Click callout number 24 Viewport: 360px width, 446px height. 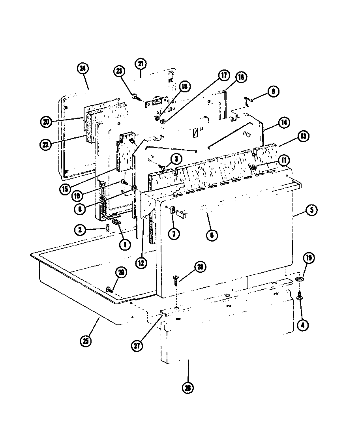[x=82, y=69]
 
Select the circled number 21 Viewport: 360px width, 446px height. [x=141, y=64]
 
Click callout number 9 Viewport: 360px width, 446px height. [x=272, y=92]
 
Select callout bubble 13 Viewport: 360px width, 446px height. [x=303, y=136]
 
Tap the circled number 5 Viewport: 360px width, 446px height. [x=311, y=210]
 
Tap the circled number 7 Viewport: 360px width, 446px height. [x=173, y=233]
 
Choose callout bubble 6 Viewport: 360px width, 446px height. [x=212, y=236]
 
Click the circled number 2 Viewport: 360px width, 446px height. [x=80, y=230]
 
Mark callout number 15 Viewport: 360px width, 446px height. [x=65, y=189]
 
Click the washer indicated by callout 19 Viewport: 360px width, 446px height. [x=300, y=280]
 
